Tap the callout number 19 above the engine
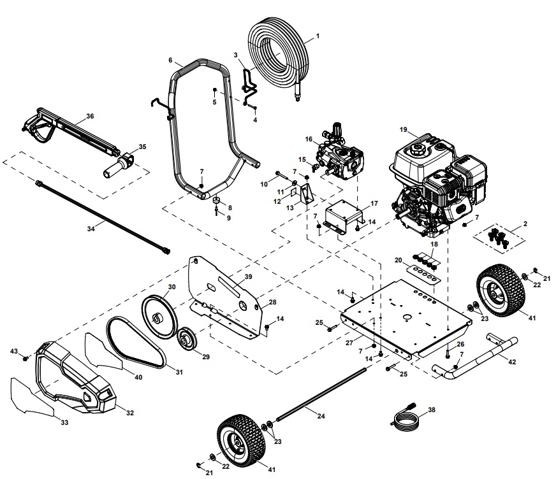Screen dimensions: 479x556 [403, 130]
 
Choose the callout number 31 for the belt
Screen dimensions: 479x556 [179, 372]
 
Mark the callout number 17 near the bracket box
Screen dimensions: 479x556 [374, 204]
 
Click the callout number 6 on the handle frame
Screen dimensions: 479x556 [170, 60]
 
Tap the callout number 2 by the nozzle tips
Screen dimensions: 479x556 [525, 224]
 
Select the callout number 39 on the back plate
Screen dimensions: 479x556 [248, 276]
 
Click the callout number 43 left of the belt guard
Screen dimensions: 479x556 [13, 352]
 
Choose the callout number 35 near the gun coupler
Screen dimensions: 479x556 [142, 147]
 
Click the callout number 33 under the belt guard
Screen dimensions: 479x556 [64, 422]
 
